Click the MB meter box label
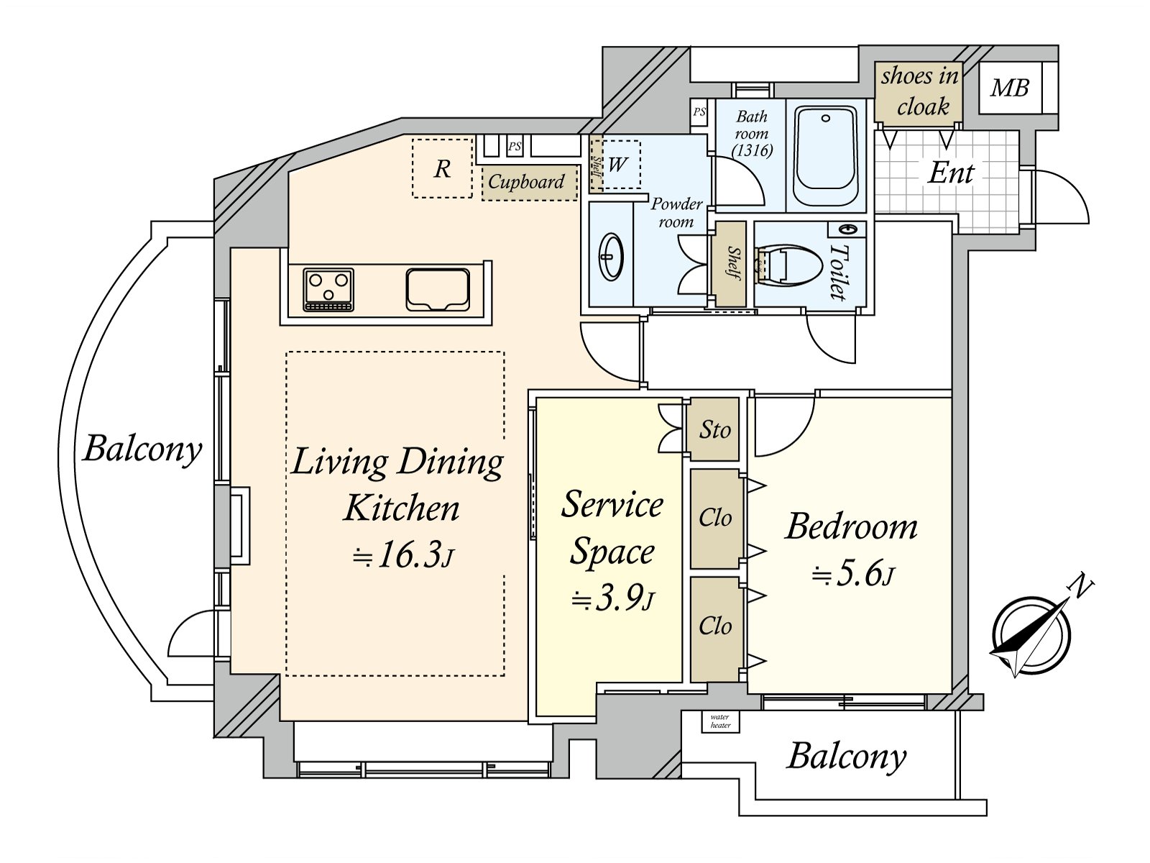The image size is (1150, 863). pyautogui.click(x=1009, y=88)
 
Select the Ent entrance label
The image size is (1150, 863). pyautogui.click(x=950, y=173)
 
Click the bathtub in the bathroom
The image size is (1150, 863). pyautogui.click(x=826, y=156)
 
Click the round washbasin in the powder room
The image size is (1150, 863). pyautogui.click(x=612, y=257)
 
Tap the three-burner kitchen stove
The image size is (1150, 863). pyautogui.click(x=328, y=289)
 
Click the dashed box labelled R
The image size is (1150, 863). pyautogui.click(x=442, y=168)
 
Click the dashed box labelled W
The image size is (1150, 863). pyautogui.click(x=617, y=165)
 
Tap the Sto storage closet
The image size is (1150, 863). pyautogui.click(x=714, y=429)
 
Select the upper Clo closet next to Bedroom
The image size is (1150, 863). pyautogui.click(x=715, y=518)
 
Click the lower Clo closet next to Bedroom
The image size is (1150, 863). pyautogui.click(x=715, y=626)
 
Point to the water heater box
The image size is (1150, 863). pyautogui.click(x=719, y=721)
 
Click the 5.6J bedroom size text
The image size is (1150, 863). pyautogui.click(x=853, y=575)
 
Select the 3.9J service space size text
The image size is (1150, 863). pyautogui.click(x=613, y=598)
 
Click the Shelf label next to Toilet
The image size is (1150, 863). pyautogui.click(x=732, y=264)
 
